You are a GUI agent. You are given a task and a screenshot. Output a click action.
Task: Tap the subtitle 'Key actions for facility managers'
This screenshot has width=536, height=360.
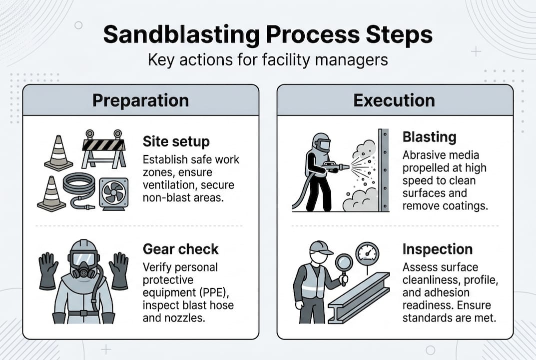268,59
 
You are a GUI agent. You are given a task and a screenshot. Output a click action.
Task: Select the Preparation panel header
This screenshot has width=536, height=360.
140,100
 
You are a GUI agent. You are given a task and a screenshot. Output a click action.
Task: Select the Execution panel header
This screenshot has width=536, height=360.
394,100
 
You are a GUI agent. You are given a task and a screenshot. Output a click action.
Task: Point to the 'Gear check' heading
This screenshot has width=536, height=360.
180,248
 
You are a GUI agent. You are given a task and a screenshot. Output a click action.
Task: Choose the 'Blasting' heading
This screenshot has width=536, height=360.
429,137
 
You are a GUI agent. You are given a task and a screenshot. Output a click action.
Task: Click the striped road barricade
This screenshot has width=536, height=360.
104,149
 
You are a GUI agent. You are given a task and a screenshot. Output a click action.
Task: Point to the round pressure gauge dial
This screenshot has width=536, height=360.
367,253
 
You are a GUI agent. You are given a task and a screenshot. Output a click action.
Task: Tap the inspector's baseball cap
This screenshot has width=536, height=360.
321,247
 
